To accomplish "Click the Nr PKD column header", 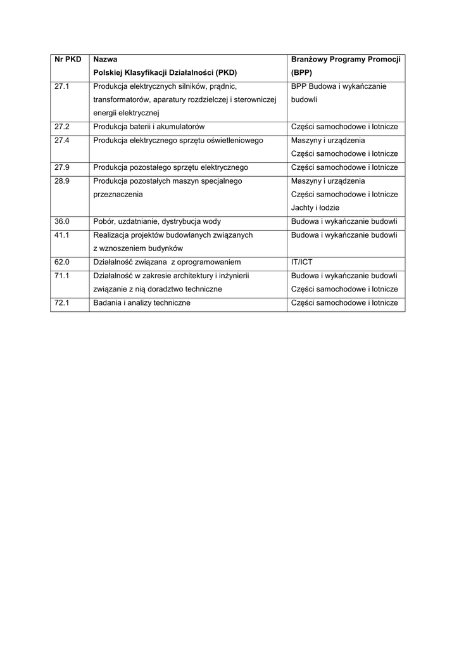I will [68, 59].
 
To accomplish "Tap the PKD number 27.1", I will [61, 86].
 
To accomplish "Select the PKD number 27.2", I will [61, 127].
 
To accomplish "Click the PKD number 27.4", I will [61, 140].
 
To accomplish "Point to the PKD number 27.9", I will [61, 167].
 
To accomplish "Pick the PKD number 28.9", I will [61, 181].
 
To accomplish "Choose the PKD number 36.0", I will [61, 221].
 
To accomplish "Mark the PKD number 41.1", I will [61, 235].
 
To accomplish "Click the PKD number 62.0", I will [61, 262].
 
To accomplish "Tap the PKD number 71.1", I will [61, 276].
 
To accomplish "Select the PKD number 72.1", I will [61, 303].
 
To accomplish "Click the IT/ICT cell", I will [302, 262].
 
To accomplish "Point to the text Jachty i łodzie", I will [315, 207].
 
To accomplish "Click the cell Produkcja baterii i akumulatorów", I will [149, 127].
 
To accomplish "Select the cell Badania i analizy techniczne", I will [142, 303].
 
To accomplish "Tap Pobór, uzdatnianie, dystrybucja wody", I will [156, 221].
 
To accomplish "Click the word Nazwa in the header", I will [105, 59].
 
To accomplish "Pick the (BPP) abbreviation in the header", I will [302, 72].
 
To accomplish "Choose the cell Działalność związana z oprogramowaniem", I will [167, 262].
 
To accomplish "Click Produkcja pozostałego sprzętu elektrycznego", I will [170, 167].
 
